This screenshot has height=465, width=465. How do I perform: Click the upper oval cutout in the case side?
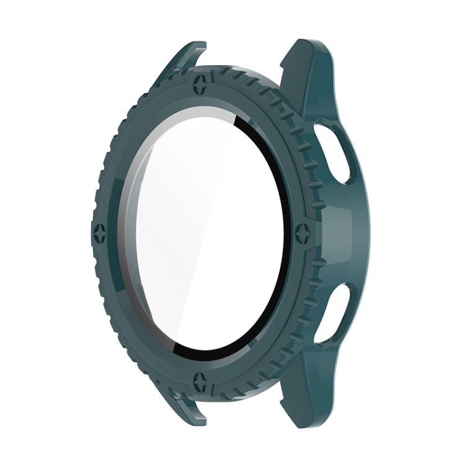(x=338, y=146)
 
